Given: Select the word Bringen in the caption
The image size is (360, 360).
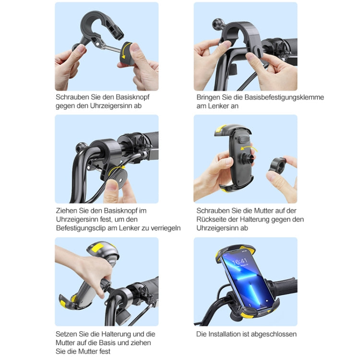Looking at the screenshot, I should tap(208, 97).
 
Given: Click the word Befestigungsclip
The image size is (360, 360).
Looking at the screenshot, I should tap(80, 228).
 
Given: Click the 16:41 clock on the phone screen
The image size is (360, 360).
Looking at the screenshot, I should tap(240, 262).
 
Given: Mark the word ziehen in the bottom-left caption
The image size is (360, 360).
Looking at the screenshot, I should tap(140, 343).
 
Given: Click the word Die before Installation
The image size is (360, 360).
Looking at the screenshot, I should tap(202, 334).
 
